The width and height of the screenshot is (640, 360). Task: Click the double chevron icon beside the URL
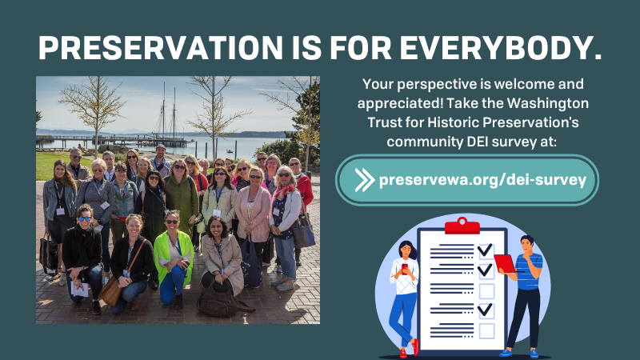364,179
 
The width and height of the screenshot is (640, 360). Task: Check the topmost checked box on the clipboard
485,250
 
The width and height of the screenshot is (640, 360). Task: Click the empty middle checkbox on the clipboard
486,290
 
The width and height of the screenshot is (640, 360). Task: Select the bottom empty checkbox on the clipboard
486,330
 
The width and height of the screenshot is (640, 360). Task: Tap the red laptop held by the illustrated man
505,262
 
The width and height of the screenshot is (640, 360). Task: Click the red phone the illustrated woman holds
404,267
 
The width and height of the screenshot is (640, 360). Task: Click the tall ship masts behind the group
170,108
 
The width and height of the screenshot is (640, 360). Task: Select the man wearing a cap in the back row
161,160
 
